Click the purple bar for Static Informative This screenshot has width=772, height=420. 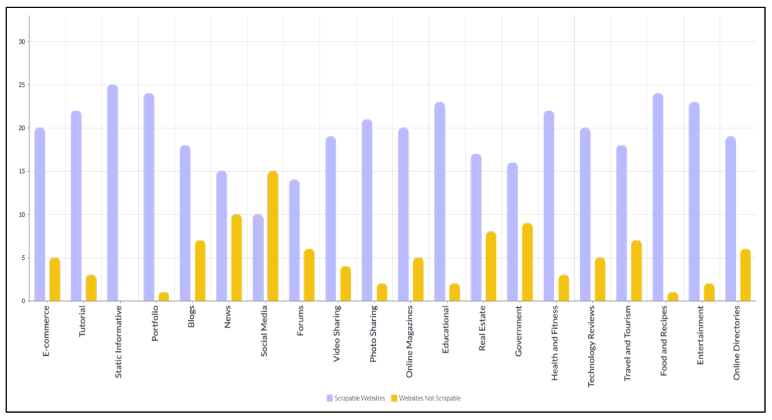(x=113, y=193)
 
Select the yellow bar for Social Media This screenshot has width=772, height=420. (x=273, y=236)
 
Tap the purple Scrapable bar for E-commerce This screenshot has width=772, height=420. (x=40, y=214)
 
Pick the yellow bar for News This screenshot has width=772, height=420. (x=236, y=258)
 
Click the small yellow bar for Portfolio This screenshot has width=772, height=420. (x=164, y=297)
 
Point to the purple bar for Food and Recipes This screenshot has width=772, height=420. (x=658, y=197)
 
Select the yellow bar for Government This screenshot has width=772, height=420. (x=527, y=262)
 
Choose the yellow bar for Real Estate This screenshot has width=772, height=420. (x=491, y=266)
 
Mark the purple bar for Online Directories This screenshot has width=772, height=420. (x=730, y=218)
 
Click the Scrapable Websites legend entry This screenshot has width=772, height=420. (x=355, y=398)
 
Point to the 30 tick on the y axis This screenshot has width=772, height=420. (x=23, y=42)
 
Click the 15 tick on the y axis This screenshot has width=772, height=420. (x=23, y=172)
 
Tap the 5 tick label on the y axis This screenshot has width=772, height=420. (x=24, y=258)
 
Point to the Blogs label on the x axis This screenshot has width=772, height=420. (x=191, y=317)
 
